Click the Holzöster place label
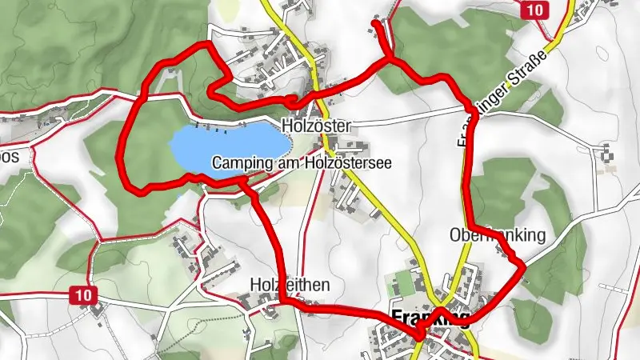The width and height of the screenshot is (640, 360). [x=311, y=126]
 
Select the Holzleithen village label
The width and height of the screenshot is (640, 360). [x=290, y=285]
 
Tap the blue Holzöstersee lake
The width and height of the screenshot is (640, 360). [x=229, y=146]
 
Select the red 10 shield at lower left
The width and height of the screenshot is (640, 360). [x=83, y=295]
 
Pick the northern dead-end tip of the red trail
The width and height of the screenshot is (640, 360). [x=375, y=24]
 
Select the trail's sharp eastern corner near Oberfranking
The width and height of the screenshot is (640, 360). [x=523, y=264]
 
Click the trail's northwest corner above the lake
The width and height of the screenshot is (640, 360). [x=210, y=43]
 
